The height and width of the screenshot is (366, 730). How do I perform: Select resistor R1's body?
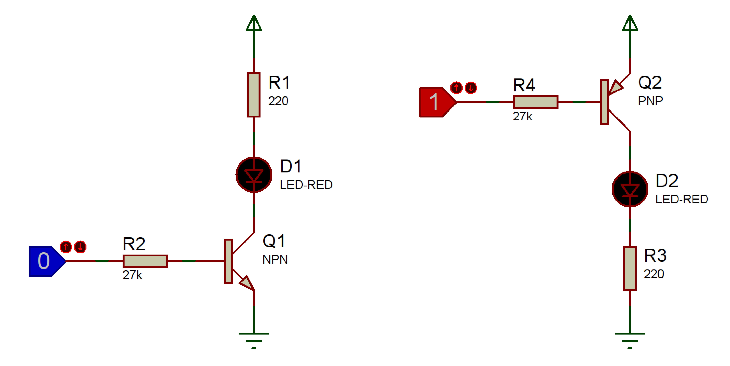click(254, 95)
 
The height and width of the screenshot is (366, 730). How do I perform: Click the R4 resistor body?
click(536, 102)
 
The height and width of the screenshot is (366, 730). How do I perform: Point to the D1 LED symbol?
click(254, 175)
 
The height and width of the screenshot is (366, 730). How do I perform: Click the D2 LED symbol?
click(630, 189)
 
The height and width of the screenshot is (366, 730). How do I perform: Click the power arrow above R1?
click(254, 23)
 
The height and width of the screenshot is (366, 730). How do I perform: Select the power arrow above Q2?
click(630, 23)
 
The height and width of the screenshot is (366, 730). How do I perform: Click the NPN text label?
click(275, 259)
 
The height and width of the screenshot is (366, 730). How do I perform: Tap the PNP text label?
click(650, 101)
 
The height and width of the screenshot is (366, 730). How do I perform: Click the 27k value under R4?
click(522, 116)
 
